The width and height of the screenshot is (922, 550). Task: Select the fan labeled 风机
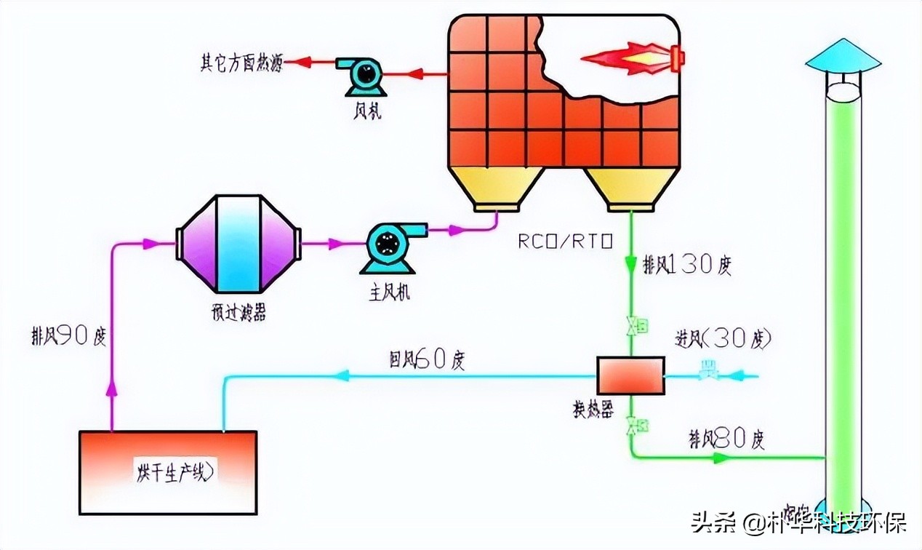363,74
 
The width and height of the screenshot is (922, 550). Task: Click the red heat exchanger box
630,375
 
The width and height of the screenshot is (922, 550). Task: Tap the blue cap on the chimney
843,55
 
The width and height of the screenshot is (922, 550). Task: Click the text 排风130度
686,266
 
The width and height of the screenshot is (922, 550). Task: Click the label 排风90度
69,336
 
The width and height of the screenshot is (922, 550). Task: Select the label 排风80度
726,439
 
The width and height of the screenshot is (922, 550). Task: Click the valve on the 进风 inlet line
705,371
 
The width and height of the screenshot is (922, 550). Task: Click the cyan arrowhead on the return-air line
342,376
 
